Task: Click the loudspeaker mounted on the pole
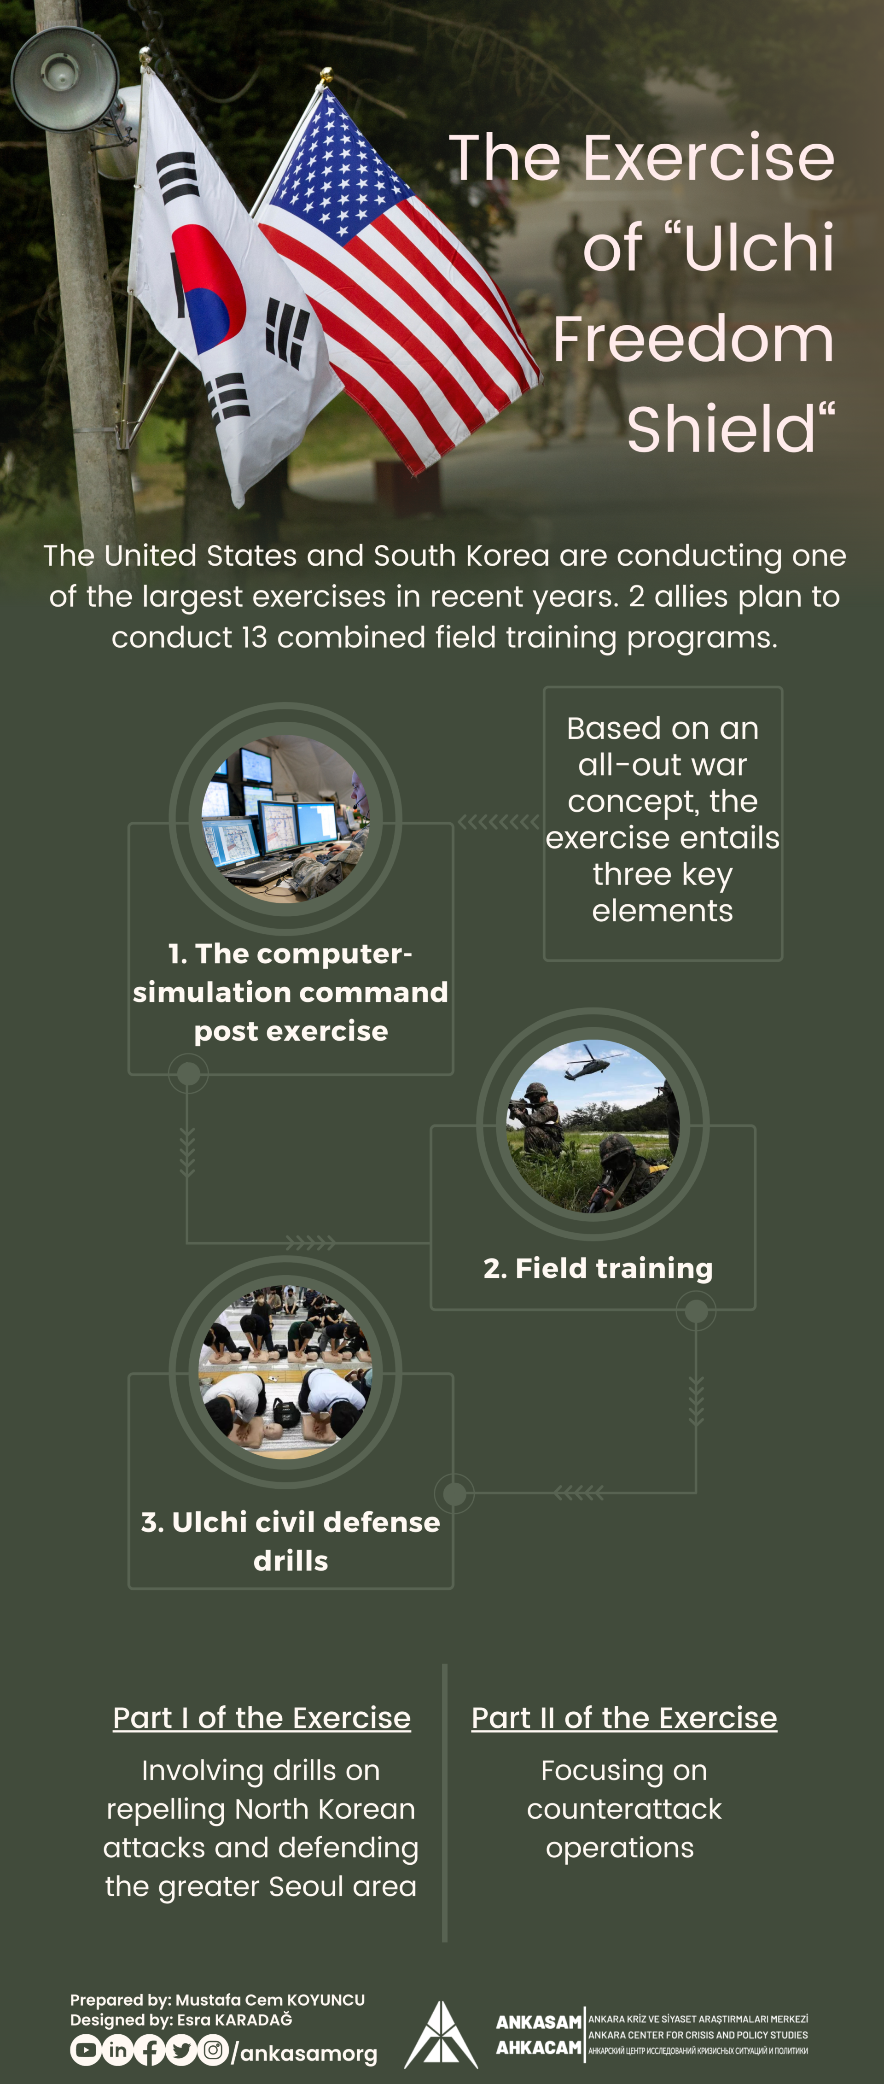click(65, 78)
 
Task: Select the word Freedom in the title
click(693, 339)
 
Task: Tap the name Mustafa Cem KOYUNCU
click(270, 2000)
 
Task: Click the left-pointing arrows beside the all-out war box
click(498, 822)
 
